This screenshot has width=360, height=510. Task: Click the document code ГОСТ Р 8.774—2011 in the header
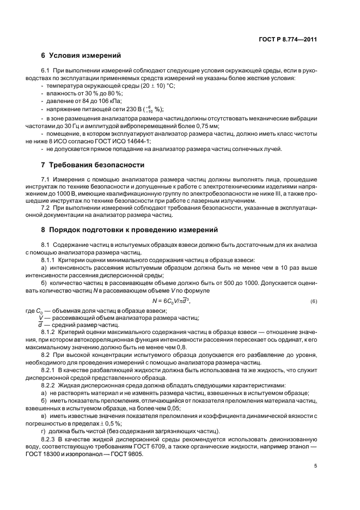click(x=289, y=39)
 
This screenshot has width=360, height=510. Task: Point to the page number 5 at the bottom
click(x=315, y=466)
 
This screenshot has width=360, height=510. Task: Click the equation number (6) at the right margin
click(x=313, y=302)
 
